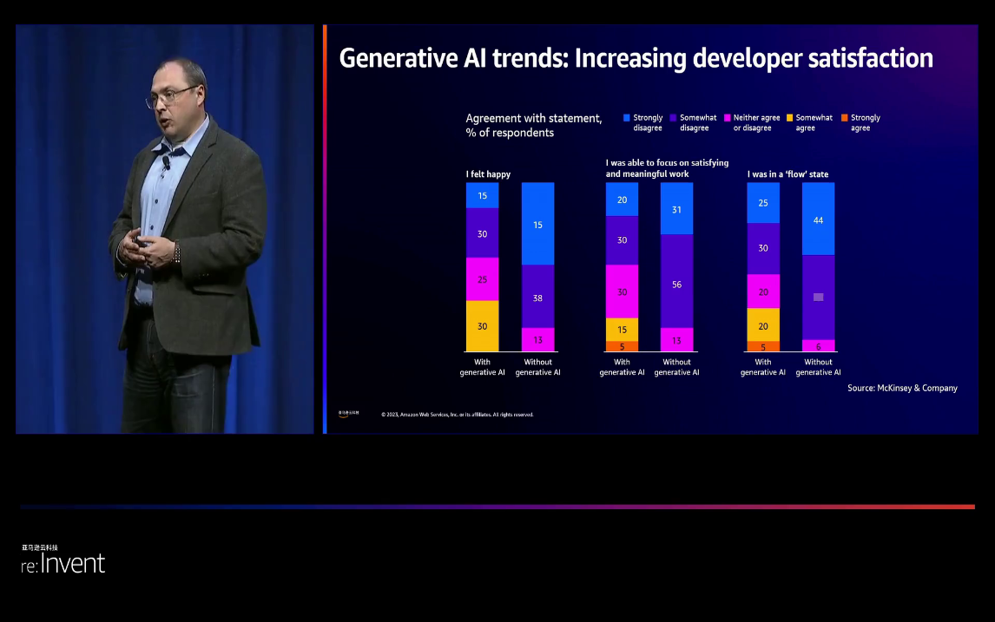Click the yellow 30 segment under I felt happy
click(483, 325)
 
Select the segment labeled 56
click(676, 284)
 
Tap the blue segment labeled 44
click(818, 219)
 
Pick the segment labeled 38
click(537, 297)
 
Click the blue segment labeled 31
click(676, 209)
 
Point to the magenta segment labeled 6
click(818, 345)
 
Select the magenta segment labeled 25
click(483, 279)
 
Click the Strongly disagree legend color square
click(627, 117)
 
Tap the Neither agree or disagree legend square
click(727, 117)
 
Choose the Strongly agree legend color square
click(844, 117)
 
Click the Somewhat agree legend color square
click(789, 117)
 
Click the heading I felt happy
click(488, 174)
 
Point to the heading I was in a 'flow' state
click(787, 174)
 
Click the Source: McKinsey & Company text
click(902, 388)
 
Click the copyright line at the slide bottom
click(457, 415)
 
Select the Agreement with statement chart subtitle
click(533, 125)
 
